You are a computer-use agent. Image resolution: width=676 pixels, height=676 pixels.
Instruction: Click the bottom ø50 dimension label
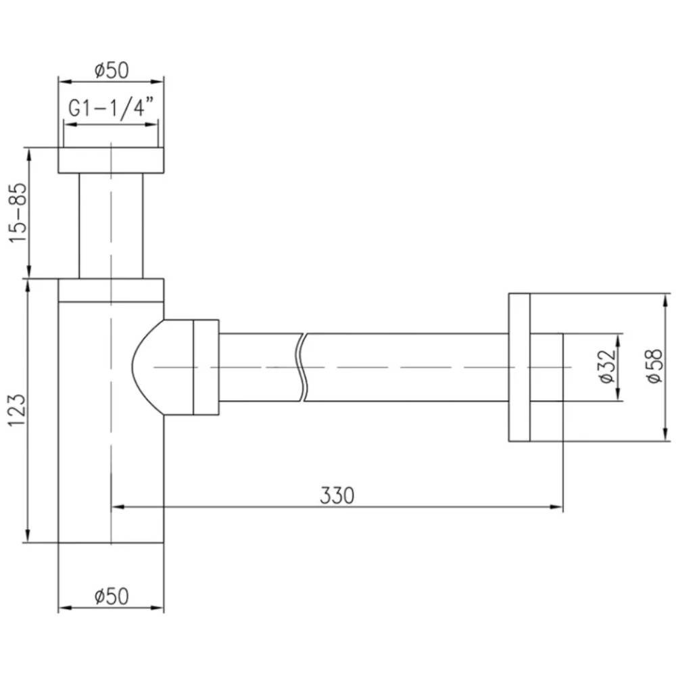pyautogui.click(x=112, y=597)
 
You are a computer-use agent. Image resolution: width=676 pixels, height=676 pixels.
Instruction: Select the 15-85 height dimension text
pyautogui.click(x=19, y=213)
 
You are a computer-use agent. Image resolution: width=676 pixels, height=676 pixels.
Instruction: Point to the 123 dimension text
pyautogui.click(x=18, y=410)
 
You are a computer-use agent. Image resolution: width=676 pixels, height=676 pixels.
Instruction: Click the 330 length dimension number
pyautogui.click(x=337, y=496)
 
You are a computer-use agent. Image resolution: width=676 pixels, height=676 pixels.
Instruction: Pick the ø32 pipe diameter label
pyautogui.click(x=606, y=366)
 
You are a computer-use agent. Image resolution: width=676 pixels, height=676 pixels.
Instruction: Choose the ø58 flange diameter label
pyautogui.click(x=654, y=366)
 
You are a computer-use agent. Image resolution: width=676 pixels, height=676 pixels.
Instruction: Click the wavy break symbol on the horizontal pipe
pyautogui.click(x=301, y=367)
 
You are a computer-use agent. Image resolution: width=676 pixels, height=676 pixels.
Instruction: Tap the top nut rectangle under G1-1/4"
pyautogui.click(x=112, y=160)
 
